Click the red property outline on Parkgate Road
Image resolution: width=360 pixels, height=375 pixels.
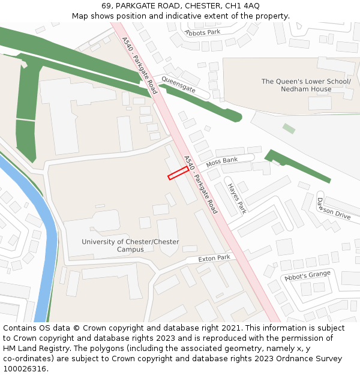click(178, 173)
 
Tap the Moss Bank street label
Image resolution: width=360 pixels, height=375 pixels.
click(222, 161)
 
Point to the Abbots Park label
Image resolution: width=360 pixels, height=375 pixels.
click(203, 32)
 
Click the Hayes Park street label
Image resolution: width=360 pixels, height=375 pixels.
click(237, 198)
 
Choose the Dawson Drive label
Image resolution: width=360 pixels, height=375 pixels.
click(334, 208)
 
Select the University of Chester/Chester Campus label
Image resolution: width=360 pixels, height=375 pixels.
click(130, 245)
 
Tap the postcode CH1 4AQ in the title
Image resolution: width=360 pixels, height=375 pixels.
click(242, 5)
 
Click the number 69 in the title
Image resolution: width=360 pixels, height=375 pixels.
click(106, 5)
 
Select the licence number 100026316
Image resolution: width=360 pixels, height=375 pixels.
click(25, 368)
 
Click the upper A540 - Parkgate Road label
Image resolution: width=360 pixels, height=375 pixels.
click(139, 66)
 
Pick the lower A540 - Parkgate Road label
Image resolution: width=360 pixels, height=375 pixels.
click(200, 185)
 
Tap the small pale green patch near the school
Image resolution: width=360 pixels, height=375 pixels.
click(289, 128)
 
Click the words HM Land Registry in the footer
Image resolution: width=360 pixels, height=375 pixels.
click(31, 348)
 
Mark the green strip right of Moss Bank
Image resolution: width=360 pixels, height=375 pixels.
click(296, 166)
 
